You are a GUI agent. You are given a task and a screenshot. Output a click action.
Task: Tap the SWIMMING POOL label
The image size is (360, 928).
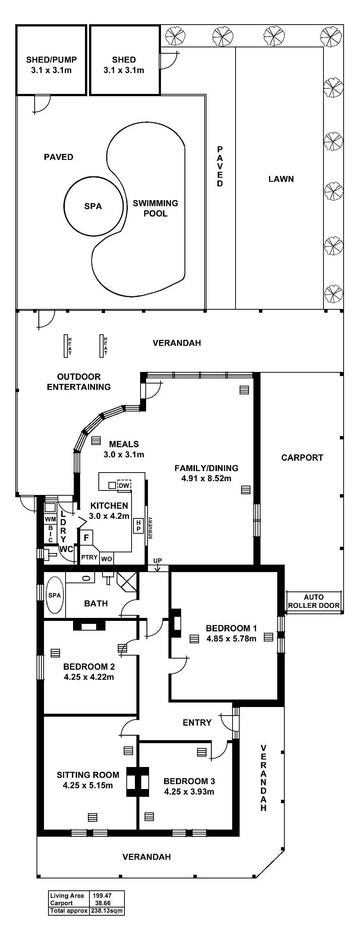pyautogui.click(x=155, y=208)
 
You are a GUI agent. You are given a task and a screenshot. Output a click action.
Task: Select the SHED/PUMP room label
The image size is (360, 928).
pyautogui.click(x=51, y=60)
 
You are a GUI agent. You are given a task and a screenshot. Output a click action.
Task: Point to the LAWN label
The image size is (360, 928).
pyautogui.click(x=281, y=179)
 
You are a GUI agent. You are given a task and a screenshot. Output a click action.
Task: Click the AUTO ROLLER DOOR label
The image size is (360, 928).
pyautogui.click(x=314, y=602)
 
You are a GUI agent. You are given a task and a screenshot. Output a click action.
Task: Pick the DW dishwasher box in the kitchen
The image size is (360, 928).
pyautogui.click(x=124, y=485)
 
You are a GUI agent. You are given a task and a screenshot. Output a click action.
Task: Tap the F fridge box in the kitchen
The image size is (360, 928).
pyautogui.click(x=86, y=538)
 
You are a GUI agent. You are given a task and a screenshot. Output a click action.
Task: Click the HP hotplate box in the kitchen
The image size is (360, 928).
pyautogui.click(x=139, y=526)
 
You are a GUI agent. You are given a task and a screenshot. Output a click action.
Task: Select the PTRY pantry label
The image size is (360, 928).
pyautogui.click(x=89, y=558)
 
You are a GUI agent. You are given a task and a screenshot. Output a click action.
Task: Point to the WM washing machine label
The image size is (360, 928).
pyautogui.click(x=50, y=519)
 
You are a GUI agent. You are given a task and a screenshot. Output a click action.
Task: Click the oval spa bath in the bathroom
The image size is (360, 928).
pyautogui.click(x=54, y=595)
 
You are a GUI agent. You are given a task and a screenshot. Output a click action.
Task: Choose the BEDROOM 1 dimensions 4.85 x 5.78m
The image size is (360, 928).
pyautogui.click(x=231, y=638)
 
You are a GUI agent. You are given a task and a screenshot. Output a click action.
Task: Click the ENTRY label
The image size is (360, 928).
pyautogui.click(x=197, y=723)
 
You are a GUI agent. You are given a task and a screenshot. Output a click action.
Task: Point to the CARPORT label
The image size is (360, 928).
pyautogui.click(x=302, y=458)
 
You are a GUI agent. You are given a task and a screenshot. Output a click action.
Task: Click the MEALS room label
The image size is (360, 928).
pyautogui.click(x=124, y=444)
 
